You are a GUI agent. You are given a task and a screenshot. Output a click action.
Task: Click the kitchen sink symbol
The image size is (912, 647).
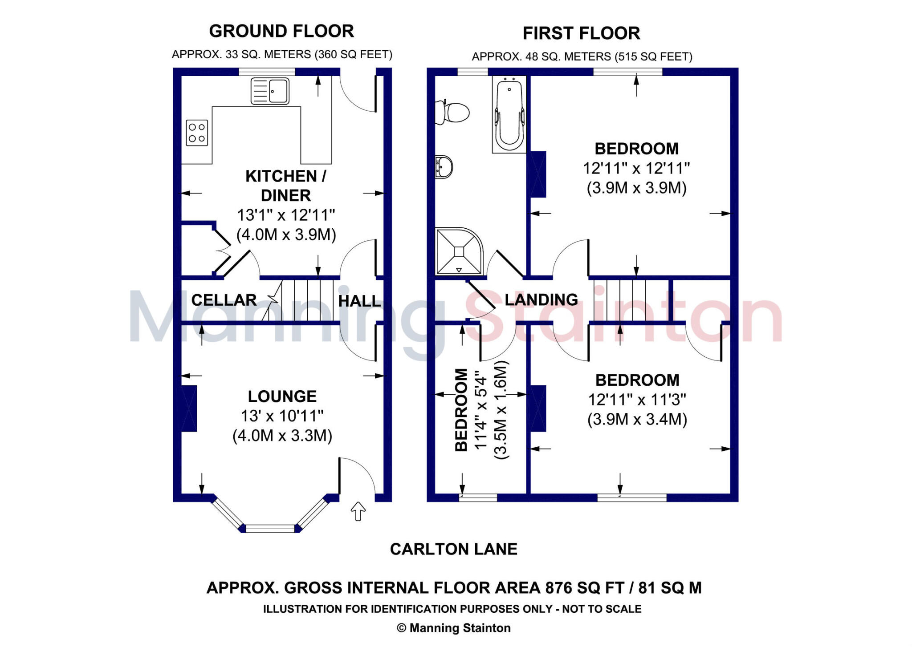click(270, 91)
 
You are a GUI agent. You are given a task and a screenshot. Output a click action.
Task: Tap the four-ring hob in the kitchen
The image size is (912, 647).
click(197, 133)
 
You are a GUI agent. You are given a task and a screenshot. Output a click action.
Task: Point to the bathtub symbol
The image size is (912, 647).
click(509, 114)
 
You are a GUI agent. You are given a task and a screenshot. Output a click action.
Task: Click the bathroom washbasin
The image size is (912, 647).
click(444, 167)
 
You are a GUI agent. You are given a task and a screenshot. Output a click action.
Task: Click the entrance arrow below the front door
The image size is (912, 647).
click(358, 511)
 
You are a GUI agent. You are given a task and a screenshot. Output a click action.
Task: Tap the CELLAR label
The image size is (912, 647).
click(224, 300)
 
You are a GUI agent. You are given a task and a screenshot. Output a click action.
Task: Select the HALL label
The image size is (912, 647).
click(359, 301)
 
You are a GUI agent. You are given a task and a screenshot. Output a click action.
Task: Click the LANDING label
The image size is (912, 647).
click(541, 300)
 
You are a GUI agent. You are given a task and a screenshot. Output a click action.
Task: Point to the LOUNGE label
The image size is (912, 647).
click(282, 396)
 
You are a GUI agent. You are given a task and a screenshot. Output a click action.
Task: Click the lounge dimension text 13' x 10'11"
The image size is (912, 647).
click(282, 416)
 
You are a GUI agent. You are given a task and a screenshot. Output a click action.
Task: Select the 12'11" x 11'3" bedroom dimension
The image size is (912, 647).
click(637, 400)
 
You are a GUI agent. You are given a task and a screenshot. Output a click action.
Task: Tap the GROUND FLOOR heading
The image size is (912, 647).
click(281, 31)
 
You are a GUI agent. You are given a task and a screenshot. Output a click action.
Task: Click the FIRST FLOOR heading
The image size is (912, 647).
click(581, 33)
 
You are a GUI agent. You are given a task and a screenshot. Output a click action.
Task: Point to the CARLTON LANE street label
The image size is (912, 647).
click(454, 549)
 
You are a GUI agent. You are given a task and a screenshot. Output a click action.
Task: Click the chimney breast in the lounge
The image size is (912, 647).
click(189, 408)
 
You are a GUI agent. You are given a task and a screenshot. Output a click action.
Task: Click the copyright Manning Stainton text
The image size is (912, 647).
click(454, 628)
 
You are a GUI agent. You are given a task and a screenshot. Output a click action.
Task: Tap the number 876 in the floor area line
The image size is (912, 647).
click(559, 588)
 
